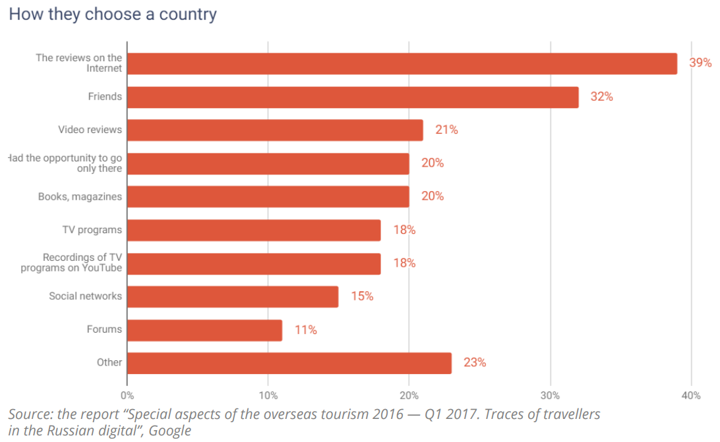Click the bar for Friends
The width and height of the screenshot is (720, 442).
coord(353,97)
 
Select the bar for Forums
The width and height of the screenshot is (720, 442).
coord(204,330)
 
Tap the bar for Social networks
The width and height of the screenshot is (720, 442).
coord(232,296)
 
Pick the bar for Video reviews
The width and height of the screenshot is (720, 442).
coord(275,130)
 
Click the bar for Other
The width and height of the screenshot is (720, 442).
coord(289,363)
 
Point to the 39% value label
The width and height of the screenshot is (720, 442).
coord(700,63)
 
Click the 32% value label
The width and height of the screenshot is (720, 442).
coord(601,97)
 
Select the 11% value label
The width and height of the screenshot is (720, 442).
coord(305,330)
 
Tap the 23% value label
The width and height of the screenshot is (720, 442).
coord(475,363)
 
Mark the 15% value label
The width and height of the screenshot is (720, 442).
coord(362,296)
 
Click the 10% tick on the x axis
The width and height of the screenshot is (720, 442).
coord(268,396)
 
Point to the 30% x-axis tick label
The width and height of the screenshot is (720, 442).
coord(550,396)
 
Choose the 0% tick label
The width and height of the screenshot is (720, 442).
coord(127,396)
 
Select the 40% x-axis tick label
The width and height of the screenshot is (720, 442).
coord(691,396)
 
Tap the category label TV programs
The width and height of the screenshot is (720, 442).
coord(92,230)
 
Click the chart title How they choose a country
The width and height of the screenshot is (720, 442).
coord(113,14)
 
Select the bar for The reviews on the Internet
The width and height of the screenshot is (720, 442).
coord(402,63)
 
